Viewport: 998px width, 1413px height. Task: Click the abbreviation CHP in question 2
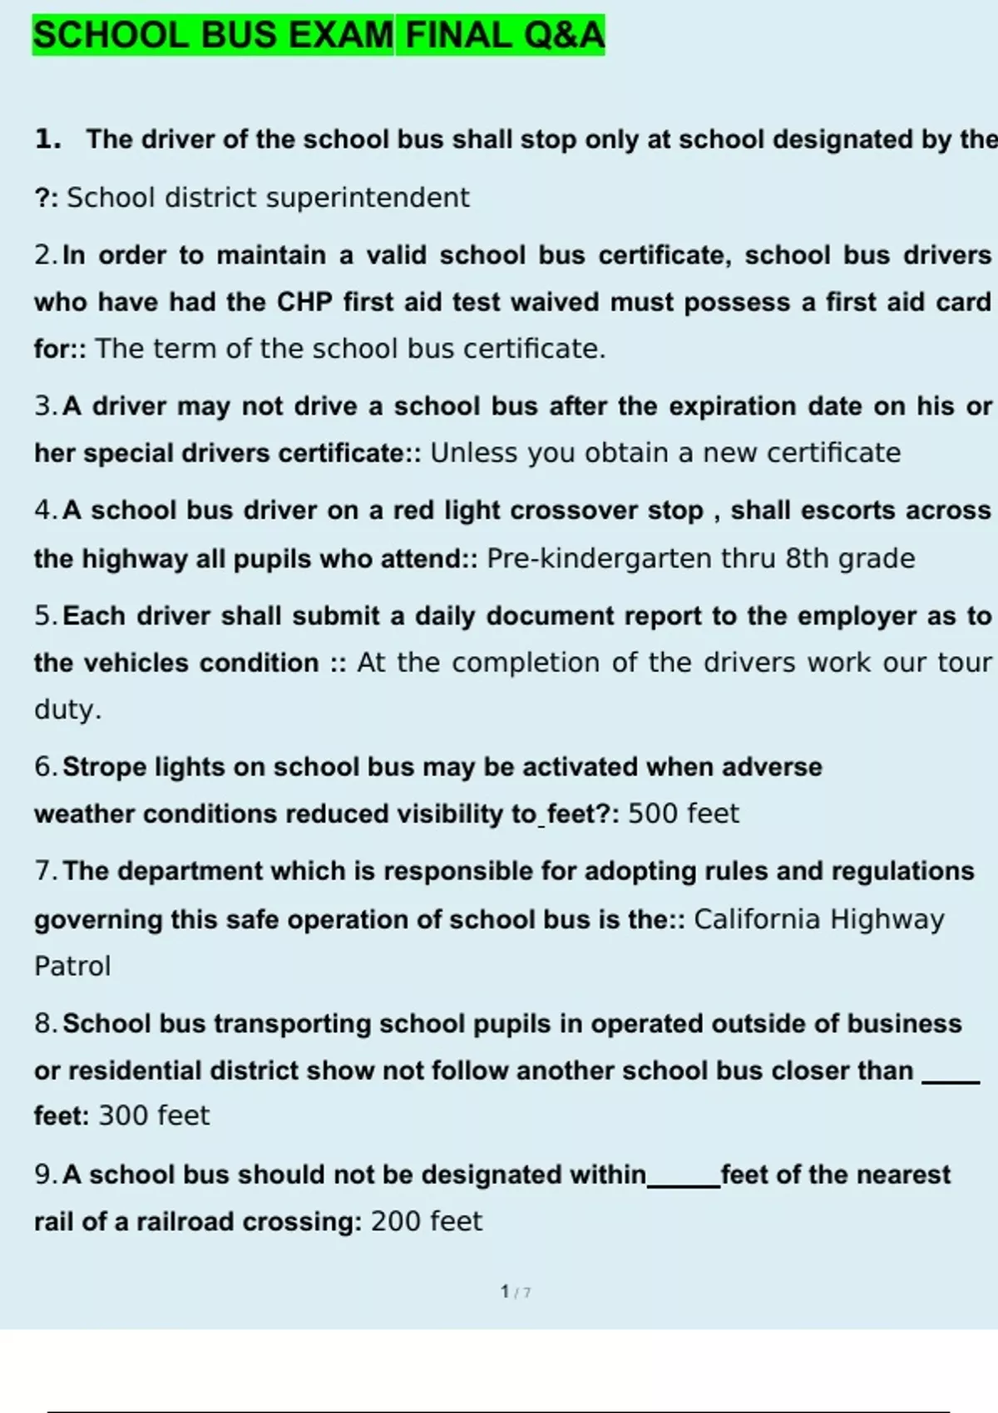(304, 302)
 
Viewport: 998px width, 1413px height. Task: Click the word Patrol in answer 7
(72, 967)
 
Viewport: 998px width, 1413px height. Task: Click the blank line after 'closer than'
(951, 1081)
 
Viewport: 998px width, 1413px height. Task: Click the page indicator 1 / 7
(516, 1292)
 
